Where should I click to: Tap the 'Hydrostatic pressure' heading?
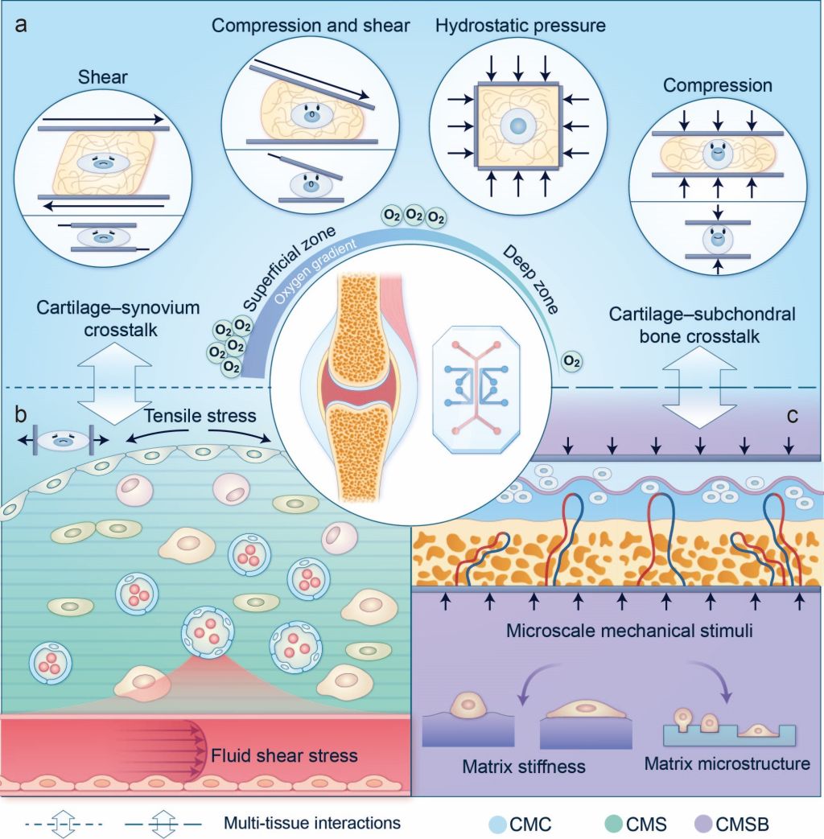tap(520, 26)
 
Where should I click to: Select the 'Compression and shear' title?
tap(311, 26)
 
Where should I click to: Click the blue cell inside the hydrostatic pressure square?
tap(517, 126)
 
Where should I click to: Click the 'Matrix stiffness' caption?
tap(524, 765)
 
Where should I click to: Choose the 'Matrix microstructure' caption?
tap(727, 762)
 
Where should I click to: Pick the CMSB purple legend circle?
tap(703, 824)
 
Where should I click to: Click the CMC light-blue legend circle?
tap(497, 824)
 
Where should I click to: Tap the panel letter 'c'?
tap(793, 416)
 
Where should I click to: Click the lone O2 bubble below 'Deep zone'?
tap(571, 361)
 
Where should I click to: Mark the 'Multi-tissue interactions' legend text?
tap(313, 823)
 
